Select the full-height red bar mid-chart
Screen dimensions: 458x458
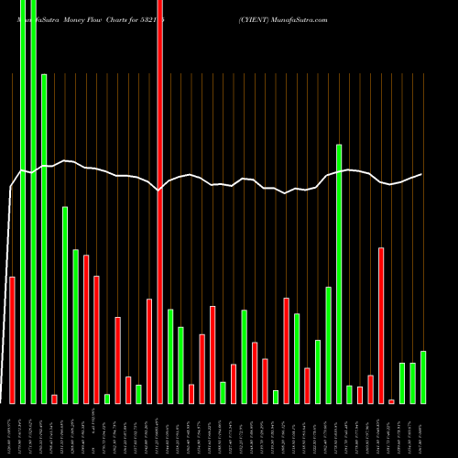click(x=159, y=202)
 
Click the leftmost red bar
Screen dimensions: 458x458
click(x=12, y=339)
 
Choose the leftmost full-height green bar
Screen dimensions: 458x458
click(x=22, y=202)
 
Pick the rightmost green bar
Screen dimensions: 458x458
click(x=423, y=376)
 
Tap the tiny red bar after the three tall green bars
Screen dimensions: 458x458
click(x=54, y=398)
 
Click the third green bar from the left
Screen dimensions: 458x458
click(x=43, y=238)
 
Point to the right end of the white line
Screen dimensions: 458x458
click(x=421, y=174)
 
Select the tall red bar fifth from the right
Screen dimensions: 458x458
click(x=381, y=325)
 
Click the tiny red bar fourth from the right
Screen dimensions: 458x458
click(x=392, y=401)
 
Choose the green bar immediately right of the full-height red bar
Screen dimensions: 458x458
click(x=170, y=356)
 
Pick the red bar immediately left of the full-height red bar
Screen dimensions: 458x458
click(x=149, y=351)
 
